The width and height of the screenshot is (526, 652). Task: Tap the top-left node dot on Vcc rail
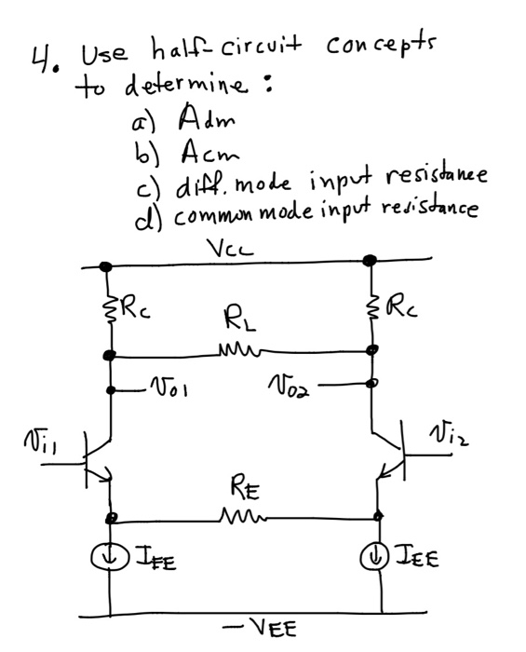tap(105, 267)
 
